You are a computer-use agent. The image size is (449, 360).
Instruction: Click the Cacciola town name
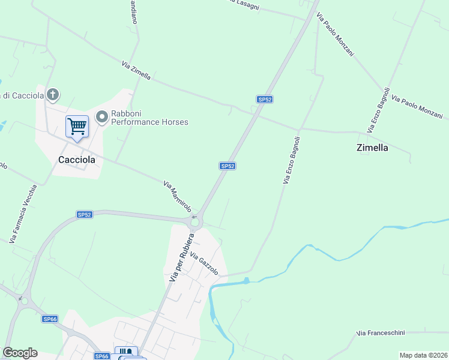click(77, 160)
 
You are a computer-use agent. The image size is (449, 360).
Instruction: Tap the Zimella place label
click(372, 147)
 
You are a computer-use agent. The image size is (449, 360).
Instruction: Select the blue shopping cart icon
click(77, 127)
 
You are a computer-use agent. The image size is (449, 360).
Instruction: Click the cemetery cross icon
click(53, 94)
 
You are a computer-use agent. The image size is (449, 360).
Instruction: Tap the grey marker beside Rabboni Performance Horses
click(101, 117)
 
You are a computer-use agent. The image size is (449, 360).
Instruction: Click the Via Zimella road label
click(136, 71)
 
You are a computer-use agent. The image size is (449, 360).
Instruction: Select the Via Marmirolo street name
click(177, 196)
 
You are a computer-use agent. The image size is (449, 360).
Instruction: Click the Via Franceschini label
click(381, 333)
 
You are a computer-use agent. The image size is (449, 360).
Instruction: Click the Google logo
click(20, 352)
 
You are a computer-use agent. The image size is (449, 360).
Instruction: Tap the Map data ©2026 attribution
click(423, 355)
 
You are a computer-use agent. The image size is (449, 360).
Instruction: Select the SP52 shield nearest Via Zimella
click(265, 99)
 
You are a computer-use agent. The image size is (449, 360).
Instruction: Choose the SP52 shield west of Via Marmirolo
click(85, 214)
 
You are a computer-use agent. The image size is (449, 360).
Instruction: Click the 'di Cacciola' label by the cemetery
click(22, 95)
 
